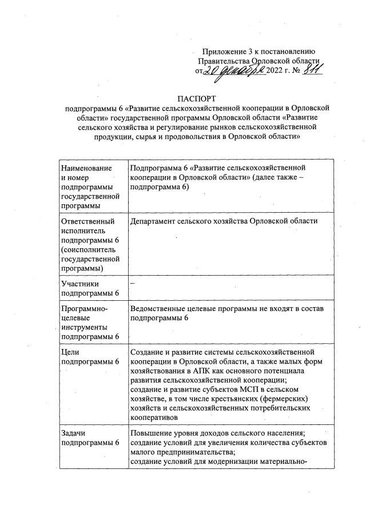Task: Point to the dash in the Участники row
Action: [133, 283]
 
